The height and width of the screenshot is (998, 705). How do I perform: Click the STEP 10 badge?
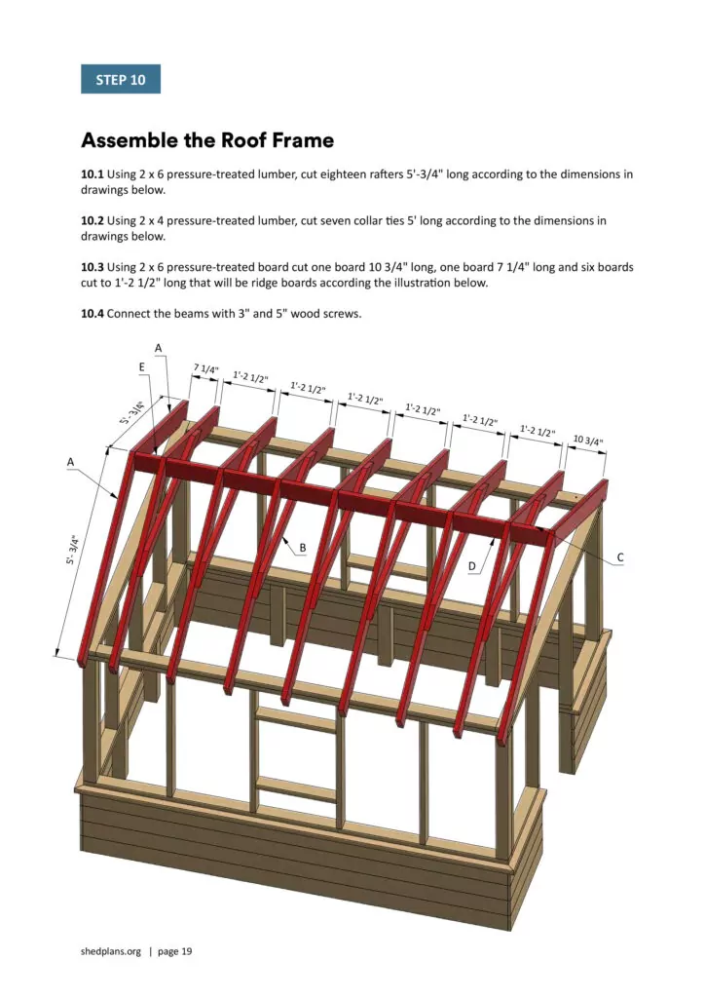click(x=120, y=79)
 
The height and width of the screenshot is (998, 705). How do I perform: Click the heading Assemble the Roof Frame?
click(x=207, y=140)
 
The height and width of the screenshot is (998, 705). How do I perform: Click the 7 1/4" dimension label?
click(x=204, y=369)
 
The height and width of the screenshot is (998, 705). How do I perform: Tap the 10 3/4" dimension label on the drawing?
click(x=587, y=440)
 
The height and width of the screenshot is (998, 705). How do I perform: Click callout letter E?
click(x=142, y=366)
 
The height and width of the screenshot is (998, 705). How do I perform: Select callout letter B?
click(x=303, y=548)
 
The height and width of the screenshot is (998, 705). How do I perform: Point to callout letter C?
click(x=620, y=557)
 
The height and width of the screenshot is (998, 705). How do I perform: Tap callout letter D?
click(x=472, y=565)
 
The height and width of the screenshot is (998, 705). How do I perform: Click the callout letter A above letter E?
click(x=159, y=347)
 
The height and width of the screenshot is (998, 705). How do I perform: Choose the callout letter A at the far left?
click(x=71, y=461)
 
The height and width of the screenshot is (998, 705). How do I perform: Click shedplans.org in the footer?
click(x=111, y=951)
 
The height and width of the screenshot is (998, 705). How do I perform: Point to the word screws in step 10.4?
click(x=343, y=313)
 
